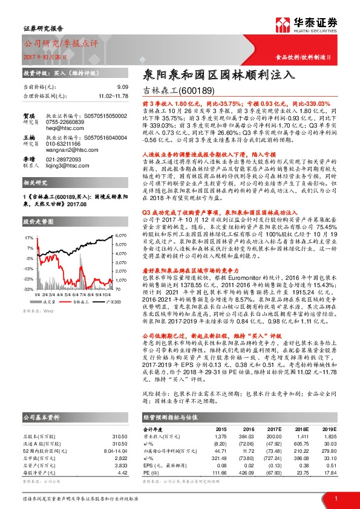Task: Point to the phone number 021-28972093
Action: click(67, 175)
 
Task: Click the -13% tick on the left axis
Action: click(29, 267)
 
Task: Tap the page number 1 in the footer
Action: click(335, 498)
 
